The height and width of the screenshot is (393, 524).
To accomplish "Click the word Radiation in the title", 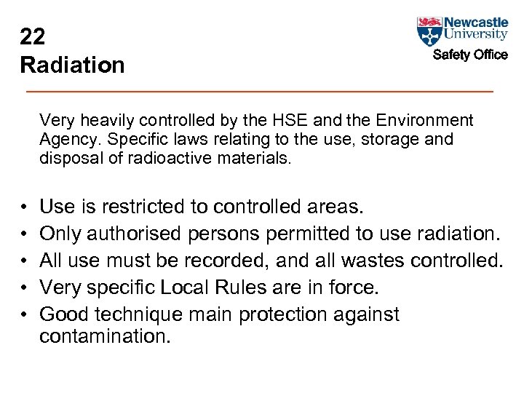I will click(x=72, y=65).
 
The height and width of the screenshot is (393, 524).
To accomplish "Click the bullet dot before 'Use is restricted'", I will click(x=24, y=208).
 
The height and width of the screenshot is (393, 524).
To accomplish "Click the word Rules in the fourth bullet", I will click(x=253, y=287).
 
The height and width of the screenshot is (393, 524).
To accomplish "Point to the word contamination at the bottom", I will click(x=104, y=336).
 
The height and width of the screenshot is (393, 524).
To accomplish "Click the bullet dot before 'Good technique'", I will click(x=24, y=315).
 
